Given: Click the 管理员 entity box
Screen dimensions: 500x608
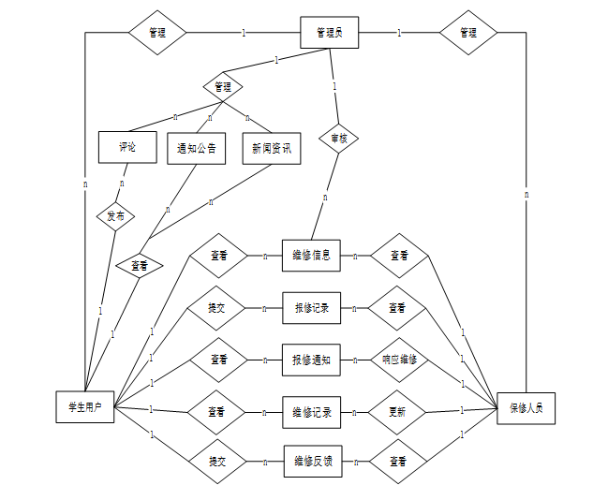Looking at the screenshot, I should pyautogui.click(x=330, y=33).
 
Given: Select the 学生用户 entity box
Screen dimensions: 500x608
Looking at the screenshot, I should pyautogui.click(x=84, y=407).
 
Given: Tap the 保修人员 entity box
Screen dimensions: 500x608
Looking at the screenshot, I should pyautogui.click(x=526, y=408).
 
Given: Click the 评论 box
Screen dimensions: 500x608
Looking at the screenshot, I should pyautogui.click(x=126, y=147).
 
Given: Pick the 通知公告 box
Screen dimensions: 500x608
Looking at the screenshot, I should pyautogui.click(x=197, y=147).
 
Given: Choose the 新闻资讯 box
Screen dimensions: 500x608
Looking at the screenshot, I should pyautogui.click(x=272, y=147).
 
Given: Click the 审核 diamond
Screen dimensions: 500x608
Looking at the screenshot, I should pyautogui.click(x=339, y=139).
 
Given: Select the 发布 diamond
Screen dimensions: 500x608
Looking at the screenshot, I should pyautogui.click(x=116, y=215).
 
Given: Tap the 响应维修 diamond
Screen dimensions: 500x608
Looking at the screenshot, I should pyautogui.click(x=399, y=360).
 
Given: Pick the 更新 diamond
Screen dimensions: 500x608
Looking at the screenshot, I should pyautogui.click(x=399, y=411).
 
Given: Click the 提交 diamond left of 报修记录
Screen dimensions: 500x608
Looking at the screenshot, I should pyautogui.click(x=216, y=307).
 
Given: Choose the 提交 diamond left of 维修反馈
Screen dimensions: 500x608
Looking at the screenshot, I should pyautogui.click(x=216, y=462).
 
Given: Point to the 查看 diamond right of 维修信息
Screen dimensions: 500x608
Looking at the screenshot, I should pyautogui.click(x=399, y=255).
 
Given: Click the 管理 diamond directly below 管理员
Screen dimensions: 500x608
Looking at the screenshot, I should pyautogui.click(x=223, y=87).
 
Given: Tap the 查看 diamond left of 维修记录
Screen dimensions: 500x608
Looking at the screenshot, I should pyautogui.click(x=216, y=411).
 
